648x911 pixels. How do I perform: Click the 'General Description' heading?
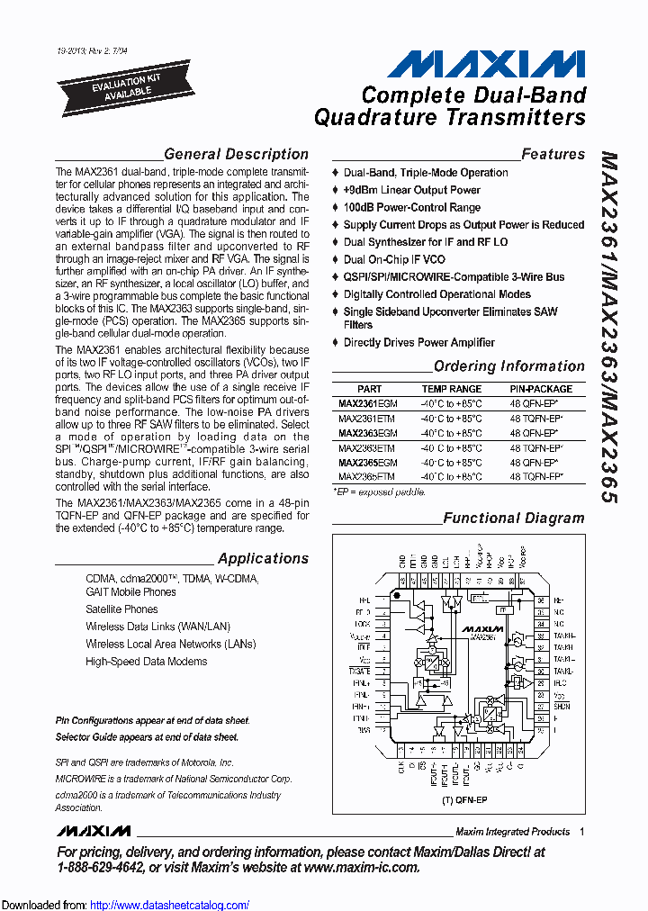pyautogui.click(x=236, y=154)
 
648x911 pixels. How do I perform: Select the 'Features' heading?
pyautogui.click(x=553, y=154)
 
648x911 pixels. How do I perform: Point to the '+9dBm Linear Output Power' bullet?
pyautogui.click(x=411, y=190)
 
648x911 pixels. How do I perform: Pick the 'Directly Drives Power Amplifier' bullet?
pyautogui.click(x=418, y=342)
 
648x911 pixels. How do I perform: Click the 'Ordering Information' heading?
pyautogui.click(x=508, y=366)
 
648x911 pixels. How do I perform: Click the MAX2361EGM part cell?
pyautogui.click(x=368, y=404)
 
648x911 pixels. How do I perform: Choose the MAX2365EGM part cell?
pyautogui.click(x=368, y=462)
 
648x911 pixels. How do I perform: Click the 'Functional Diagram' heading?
pyautogui.click(x=513, y=519)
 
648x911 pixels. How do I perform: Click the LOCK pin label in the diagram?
pyautogui.click(x=363, y=623)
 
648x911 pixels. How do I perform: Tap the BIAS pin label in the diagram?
pyautogui.click(x=363, y=730)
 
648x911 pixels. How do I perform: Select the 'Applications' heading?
pyautogui.click(x=263, y=558)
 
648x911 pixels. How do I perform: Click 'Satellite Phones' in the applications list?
pyautogui.click(x=121, y=609)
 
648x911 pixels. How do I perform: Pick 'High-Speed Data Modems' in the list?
pyautogui.click(x=146, y=662)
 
